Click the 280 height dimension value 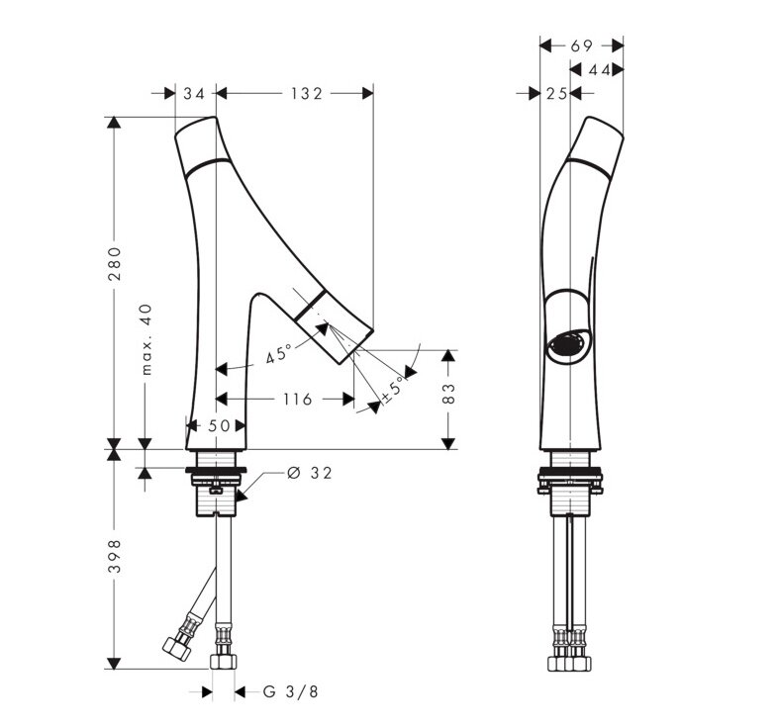click(115, 264)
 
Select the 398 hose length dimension click(115, 556)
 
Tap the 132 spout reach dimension click(307, 93)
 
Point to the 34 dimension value click(194, 93)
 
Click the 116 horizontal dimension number click(297, 399)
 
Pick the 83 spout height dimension click(448, 393)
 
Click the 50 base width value click(219, 425)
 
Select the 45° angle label click(278, 354)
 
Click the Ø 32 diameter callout click(309, 473)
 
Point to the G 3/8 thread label click(291, 691)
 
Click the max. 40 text click(146, 339)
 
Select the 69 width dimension click(582, 45)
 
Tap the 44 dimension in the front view click(599, 70)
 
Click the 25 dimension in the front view click(557, 93)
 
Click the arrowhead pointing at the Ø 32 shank click(241, 496)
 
